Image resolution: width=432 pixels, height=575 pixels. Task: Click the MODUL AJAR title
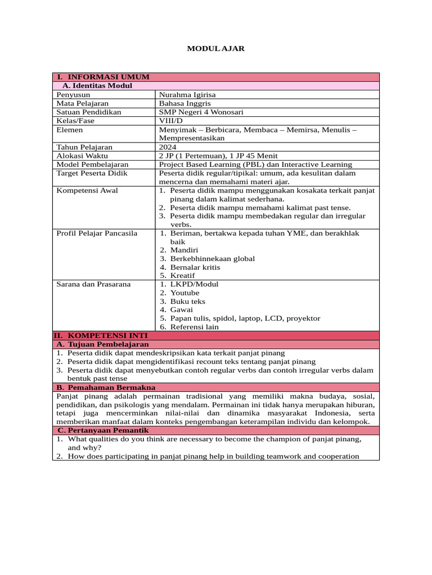[x=215, y=49]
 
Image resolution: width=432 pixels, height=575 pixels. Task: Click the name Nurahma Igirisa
[x=187, y=95]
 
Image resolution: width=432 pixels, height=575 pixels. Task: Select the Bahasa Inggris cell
[x=185, y=103]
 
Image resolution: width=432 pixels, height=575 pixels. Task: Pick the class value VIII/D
[x=171, y=121]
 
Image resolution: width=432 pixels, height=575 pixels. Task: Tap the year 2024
[x=168, y=147]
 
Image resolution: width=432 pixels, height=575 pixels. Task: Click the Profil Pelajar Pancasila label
[x=97, y=234]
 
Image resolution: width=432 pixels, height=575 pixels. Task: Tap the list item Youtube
[x=184, y=293]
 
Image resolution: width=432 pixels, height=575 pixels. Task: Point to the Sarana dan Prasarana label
[x=93, y=284]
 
